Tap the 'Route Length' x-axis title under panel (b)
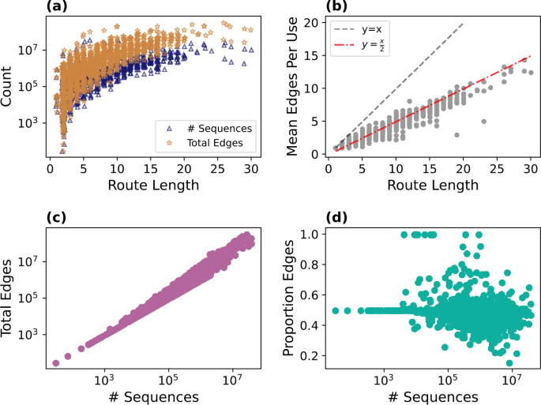click(432, 186)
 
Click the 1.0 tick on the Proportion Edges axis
click(311, 234)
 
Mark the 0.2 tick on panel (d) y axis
click(311, 357)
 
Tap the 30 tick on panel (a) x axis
click(251, 168)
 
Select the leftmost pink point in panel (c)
click(55, 363)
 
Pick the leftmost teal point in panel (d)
click(336, 310)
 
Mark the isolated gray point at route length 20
click(456, 135)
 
